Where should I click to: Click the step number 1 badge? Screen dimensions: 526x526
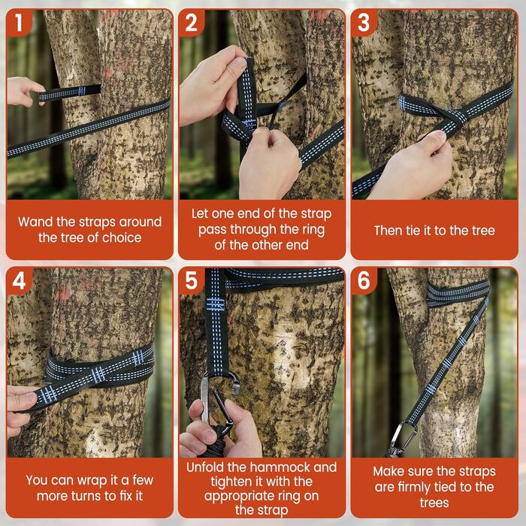pyautogui.click(x=19, y=22)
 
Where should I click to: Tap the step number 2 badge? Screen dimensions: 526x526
pyautogui.click(x=191, y=23)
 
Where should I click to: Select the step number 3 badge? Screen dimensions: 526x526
pyautogui.click(x=364, y=23)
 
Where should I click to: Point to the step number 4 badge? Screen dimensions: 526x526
pyautogui.click(x=19, y=280)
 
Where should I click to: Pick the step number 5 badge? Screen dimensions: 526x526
pyautogui.click(x=191, y=280)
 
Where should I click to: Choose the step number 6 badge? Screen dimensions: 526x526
pyautogui.click(x=364, y=280)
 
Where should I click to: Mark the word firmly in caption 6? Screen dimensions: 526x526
pyautogui.click(x=416, y=487)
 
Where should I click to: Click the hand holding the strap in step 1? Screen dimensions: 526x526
pyautogui.click(x=24, y=92)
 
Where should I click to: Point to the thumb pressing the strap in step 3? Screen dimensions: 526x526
pyautogui.click(x=434, y=138)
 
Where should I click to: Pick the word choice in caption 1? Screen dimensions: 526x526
pyautogui.click(x=122, y=238)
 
